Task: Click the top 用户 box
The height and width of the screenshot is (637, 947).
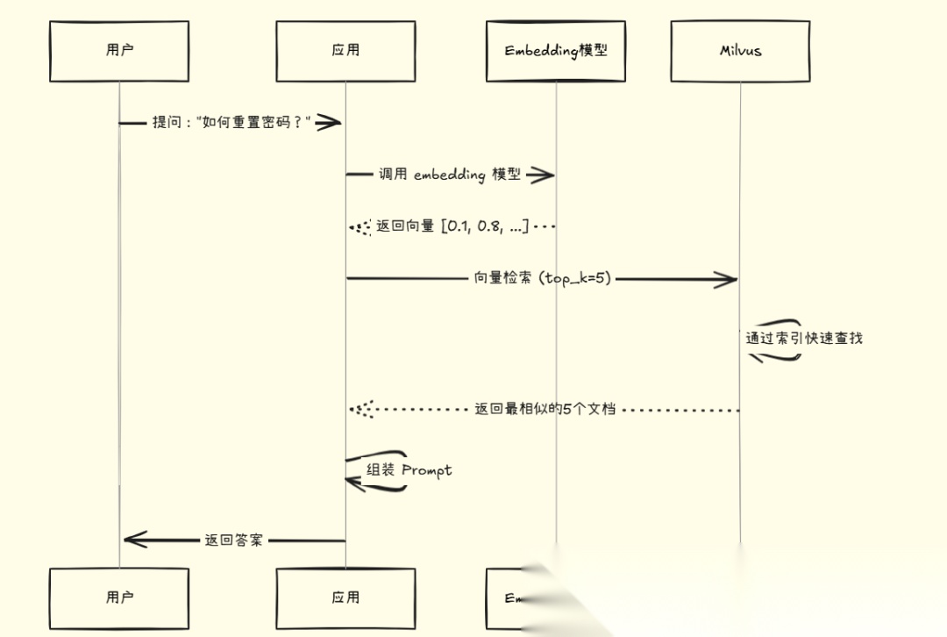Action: pyautogui.click(x=119, y=51)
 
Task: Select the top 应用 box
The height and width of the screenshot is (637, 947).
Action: pyautogui.click(x=345, y=51)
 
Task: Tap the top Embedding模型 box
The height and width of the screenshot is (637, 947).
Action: pyautogui.click(x=556, y=51)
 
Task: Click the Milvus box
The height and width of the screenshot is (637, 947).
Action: pyautogui.click(x=740, y=51)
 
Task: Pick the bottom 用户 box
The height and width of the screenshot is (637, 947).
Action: pyautogui.click(x=119, y=598)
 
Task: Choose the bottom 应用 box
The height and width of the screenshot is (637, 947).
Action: pyautogui.click(x=345, y=598)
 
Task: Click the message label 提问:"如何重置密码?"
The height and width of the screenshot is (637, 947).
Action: pyautogui.click(x=231, y=122)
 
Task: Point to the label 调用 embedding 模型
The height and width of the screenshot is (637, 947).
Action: pyautogui.click(x=449, y=175)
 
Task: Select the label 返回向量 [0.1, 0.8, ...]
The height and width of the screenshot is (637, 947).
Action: pyautogui.click(x=452, y=226)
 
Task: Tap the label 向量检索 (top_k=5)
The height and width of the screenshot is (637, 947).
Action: pyautogui.click(x=542, y=279)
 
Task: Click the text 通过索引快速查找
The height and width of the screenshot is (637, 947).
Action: pyautogui.click(x=804, y=338)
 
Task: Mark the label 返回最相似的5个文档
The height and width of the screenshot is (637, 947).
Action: pyautogui.click(x=545, y=409)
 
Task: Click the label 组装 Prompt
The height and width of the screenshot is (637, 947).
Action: pyautogui.click(x=409, y=470)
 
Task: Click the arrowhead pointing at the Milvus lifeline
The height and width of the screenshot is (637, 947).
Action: pyautogui.click(x=726, y=279)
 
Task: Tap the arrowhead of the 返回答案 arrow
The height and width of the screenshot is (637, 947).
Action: pyautogui.click(x=135, y=540)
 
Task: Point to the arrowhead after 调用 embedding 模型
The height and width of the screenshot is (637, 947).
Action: pyautogui.click(x=542, y=175)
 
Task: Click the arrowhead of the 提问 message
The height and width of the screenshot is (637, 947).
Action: pyautogui.click(x=329, y=122)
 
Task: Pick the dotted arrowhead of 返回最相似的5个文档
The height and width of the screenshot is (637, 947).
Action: pyautogui.click(x=360, y=409)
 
